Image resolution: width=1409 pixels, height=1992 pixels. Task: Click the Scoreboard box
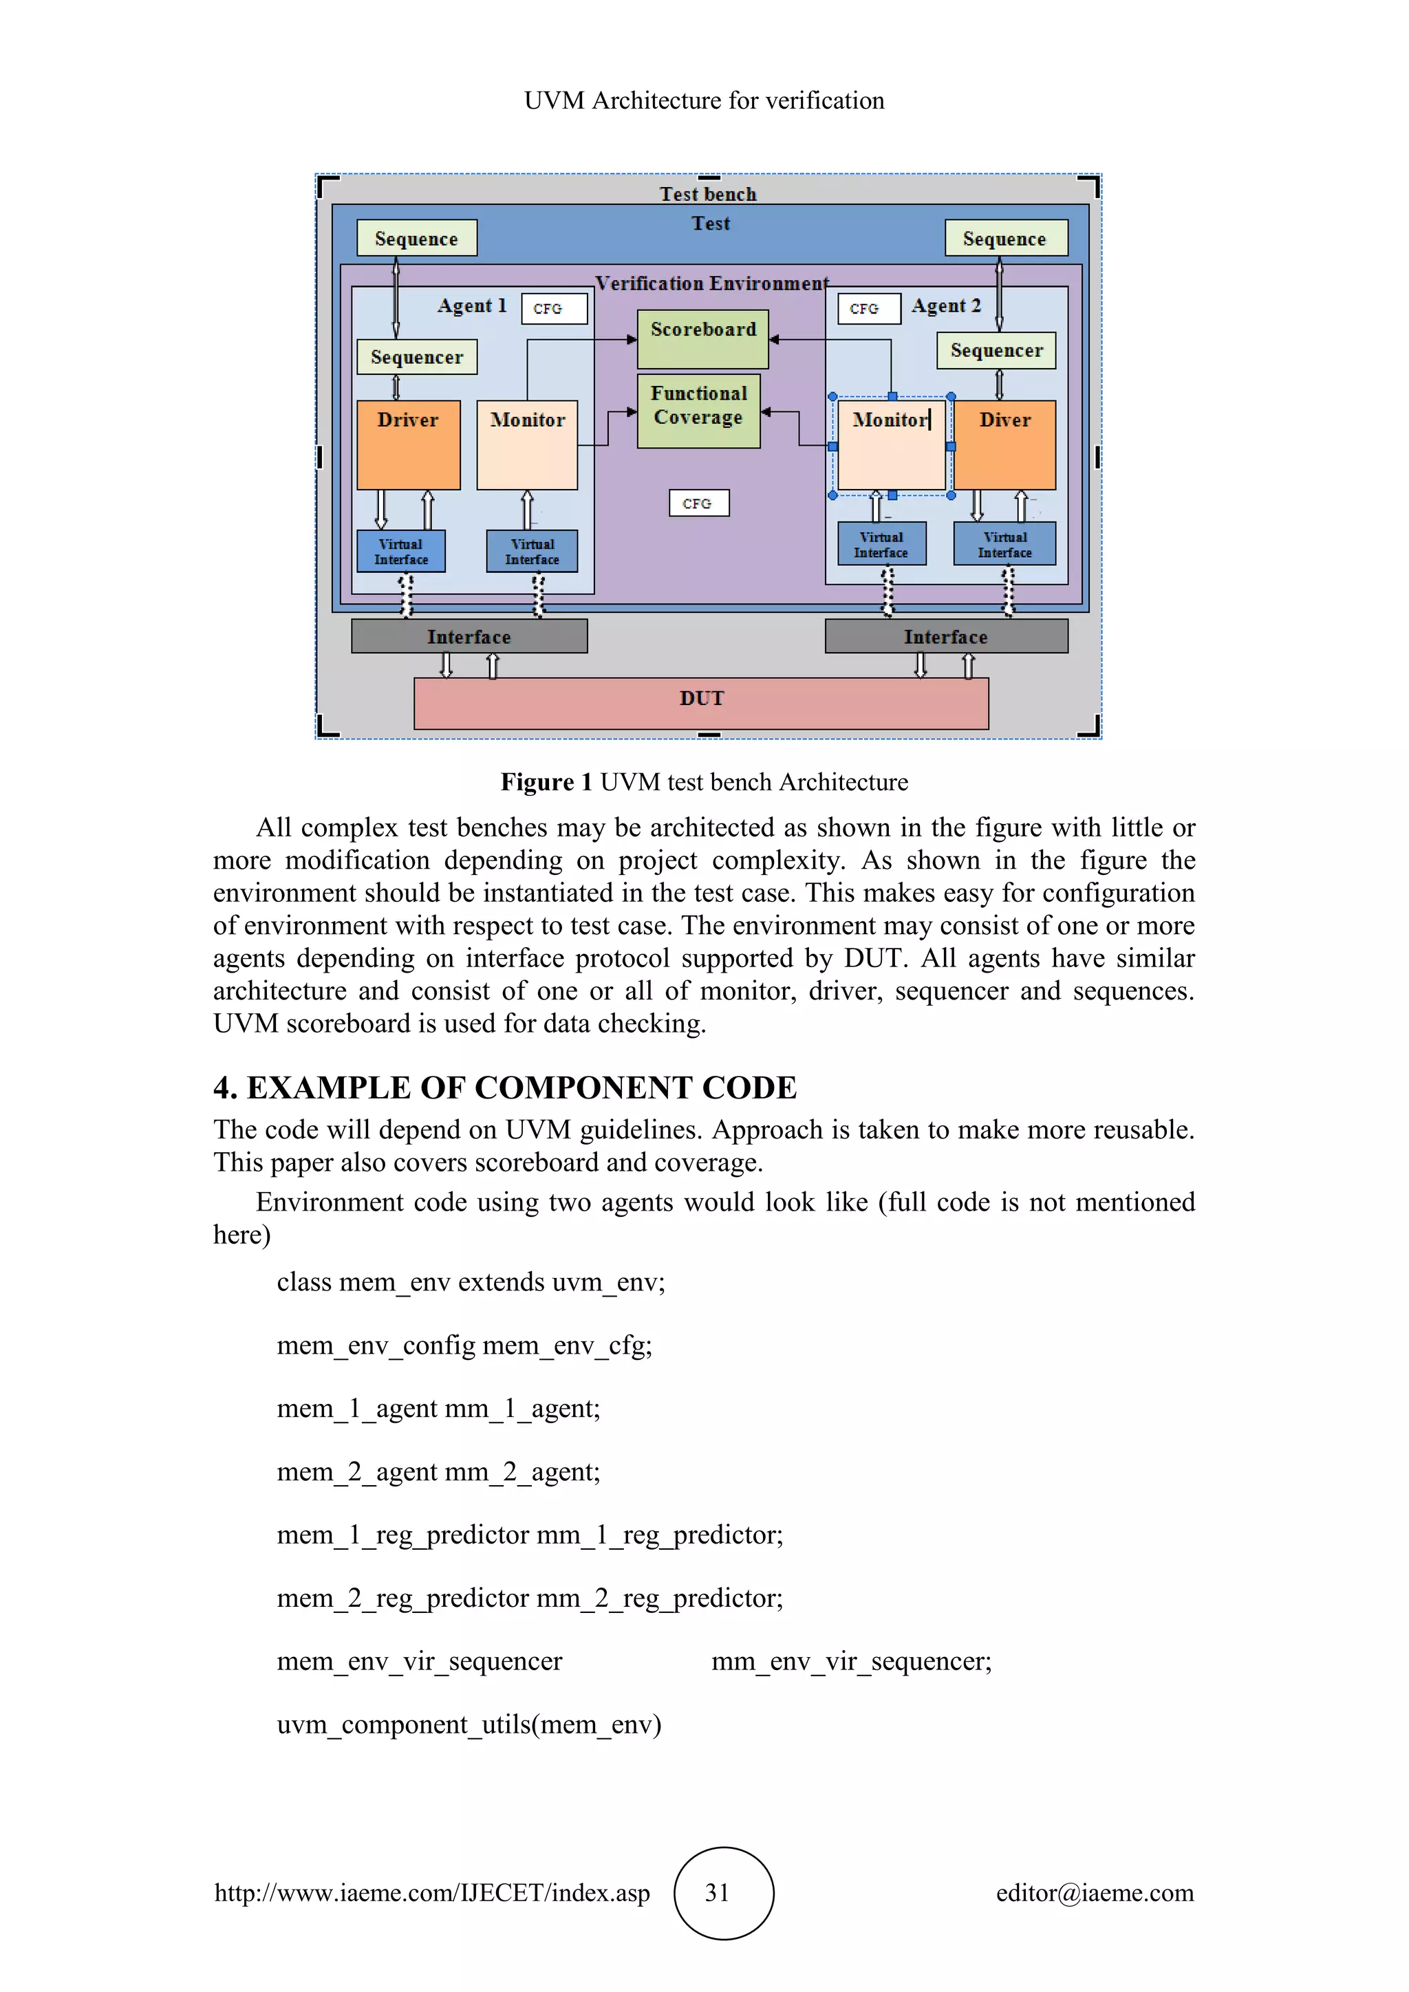pyautogui.click(x=702, y=339)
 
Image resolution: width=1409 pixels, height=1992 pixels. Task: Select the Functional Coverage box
pyautogui.click(x=698, y=411)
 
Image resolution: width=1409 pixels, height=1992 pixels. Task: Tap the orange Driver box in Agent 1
pyautogui.click(x=408, y=444)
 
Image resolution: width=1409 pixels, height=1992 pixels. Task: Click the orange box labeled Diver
pyautogui.click(x=1004, y=444)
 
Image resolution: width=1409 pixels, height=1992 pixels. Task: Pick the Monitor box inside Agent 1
pyautogui.click(x=526, y=444)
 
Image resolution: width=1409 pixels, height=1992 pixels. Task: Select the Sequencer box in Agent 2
pyautogui.click(x=996, y=351)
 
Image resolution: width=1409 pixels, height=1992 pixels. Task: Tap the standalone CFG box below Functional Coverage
pyautogui.click(x=698, y=504)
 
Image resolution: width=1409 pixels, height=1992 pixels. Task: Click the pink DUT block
pyautogui.click(x=701, y=703)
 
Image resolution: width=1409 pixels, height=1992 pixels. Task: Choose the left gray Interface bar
pyautogui.click(x=469, y=636)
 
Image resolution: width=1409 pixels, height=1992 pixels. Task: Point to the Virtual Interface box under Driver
pyautogui.click(x=401, y=552)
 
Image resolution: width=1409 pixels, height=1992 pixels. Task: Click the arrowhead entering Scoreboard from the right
pyautogui.click(x=775, y=340)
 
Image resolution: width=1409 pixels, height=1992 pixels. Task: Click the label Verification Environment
pyautogui.click(x=711, y=283)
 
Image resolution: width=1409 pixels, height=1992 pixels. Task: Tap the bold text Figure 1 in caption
pyautogui.click(x=546, y=783)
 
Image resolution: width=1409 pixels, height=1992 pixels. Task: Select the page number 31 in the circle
pyautogui.click(x=718, y=1892)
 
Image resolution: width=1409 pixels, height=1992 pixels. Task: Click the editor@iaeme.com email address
pyautogui.click(x=1094, y=1892)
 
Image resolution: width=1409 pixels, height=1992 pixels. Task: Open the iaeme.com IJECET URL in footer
pyautogui.click(x=432, y=1892)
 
